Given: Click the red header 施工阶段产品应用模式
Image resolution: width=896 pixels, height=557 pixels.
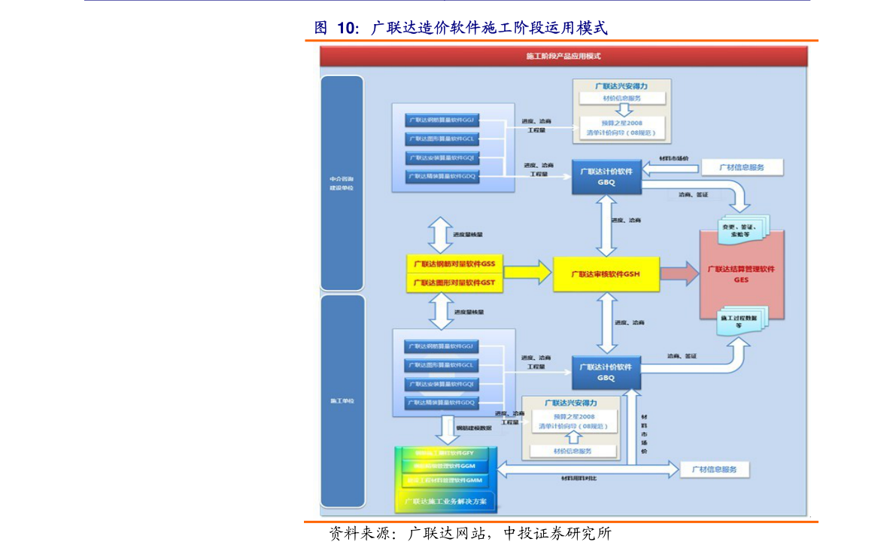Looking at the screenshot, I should pos(563,56).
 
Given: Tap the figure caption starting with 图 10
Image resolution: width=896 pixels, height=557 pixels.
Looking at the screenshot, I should pos(460,29).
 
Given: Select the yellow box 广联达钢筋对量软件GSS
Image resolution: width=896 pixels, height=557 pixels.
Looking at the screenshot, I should pos(454,264).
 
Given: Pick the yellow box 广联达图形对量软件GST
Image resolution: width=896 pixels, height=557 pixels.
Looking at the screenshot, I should pos(454,283).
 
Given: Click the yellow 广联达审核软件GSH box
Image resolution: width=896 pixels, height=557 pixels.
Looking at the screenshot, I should pos(606,275).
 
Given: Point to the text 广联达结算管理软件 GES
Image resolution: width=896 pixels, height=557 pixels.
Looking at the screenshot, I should pos(741,274).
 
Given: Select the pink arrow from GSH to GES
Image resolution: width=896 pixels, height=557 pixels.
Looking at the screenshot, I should pos(679,273).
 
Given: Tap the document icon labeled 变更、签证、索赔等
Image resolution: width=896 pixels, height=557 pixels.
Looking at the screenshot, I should pos(741,230).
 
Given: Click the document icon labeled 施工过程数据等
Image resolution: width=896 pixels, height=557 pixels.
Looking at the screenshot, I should pos(740,321).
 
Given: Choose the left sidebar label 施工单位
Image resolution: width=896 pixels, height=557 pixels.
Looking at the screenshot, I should pos(342,400).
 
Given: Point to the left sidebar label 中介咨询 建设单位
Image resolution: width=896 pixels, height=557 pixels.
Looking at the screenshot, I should pos(342,184).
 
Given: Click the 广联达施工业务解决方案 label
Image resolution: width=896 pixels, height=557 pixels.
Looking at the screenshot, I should pos(445,501).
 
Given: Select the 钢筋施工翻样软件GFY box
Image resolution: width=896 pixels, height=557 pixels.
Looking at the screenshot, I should pos(445,453).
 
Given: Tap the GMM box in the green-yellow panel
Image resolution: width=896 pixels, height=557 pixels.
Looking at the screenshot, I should pos(445,479).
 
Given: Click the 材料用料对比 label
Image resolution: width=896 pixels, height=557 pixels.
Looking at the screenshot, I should pos(579,478).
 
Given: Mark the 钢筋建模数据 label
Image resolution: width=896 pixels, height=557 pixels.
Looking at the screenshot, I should pos(473,428).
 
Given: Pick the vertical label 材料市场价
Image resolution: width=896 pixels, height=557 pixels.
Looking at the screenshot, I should pos(644,433).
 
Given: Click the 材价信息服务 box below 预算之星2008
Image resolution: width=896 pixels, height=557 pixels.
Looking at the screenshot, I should pos(573,451).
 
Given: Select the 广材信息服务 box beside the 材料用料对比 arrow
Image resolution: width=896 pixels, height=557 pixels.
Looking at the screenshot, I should pos(714,470).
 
